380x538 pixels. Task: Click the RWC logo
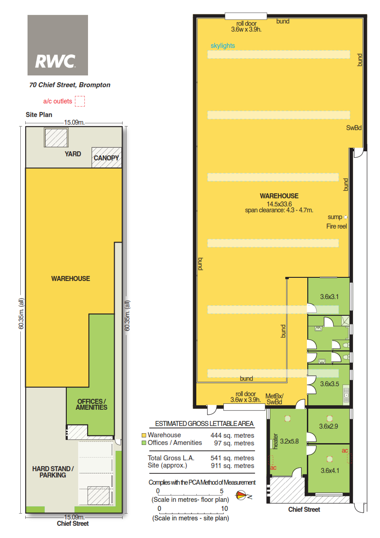click(x=58, y=45)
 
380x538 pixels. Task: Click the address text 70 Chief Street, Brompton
click(x=70, y=85)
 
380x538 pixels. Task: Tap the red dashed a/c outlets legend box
click(x=80, y=101)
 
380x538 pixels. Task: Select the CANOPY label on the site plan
click(x=106, y=158)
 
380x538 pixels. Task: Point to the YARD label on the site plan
click(x=73, y=154)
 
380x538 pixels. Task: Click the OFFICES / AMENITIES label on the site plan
click(x=92, y=404)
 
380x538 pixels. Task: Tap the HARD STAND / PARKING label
click(x=53, y=472)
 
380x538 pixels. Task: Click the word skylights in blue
click(x=223, y=46)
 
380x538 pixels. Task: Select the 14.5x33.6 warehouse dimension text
click(x=279, y=204)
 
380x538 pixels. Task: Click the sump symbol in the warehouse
click(x=345, y=217)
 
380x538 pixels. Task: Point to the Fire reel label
click(x=337, y=226)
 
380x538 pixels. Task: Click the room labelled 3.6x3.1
click(x=329, y=296)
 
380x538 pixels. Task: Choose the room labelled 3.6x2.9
click(x=329, y=426)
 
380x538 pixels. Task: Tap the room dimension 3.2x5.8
click(x=290, y=441)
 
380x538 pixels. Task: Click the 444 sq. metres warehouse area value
click(x=232, y=435)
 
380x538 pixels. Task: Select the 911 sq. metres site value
click(x=232, y=466)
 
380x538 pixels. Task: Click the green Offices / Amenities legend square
click(x=144, y=443)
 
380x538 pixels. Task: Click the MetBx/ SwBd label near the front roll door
click(x=274, y=399)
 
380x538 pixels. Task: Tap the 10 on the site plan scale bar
click(x=224, y=509)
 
